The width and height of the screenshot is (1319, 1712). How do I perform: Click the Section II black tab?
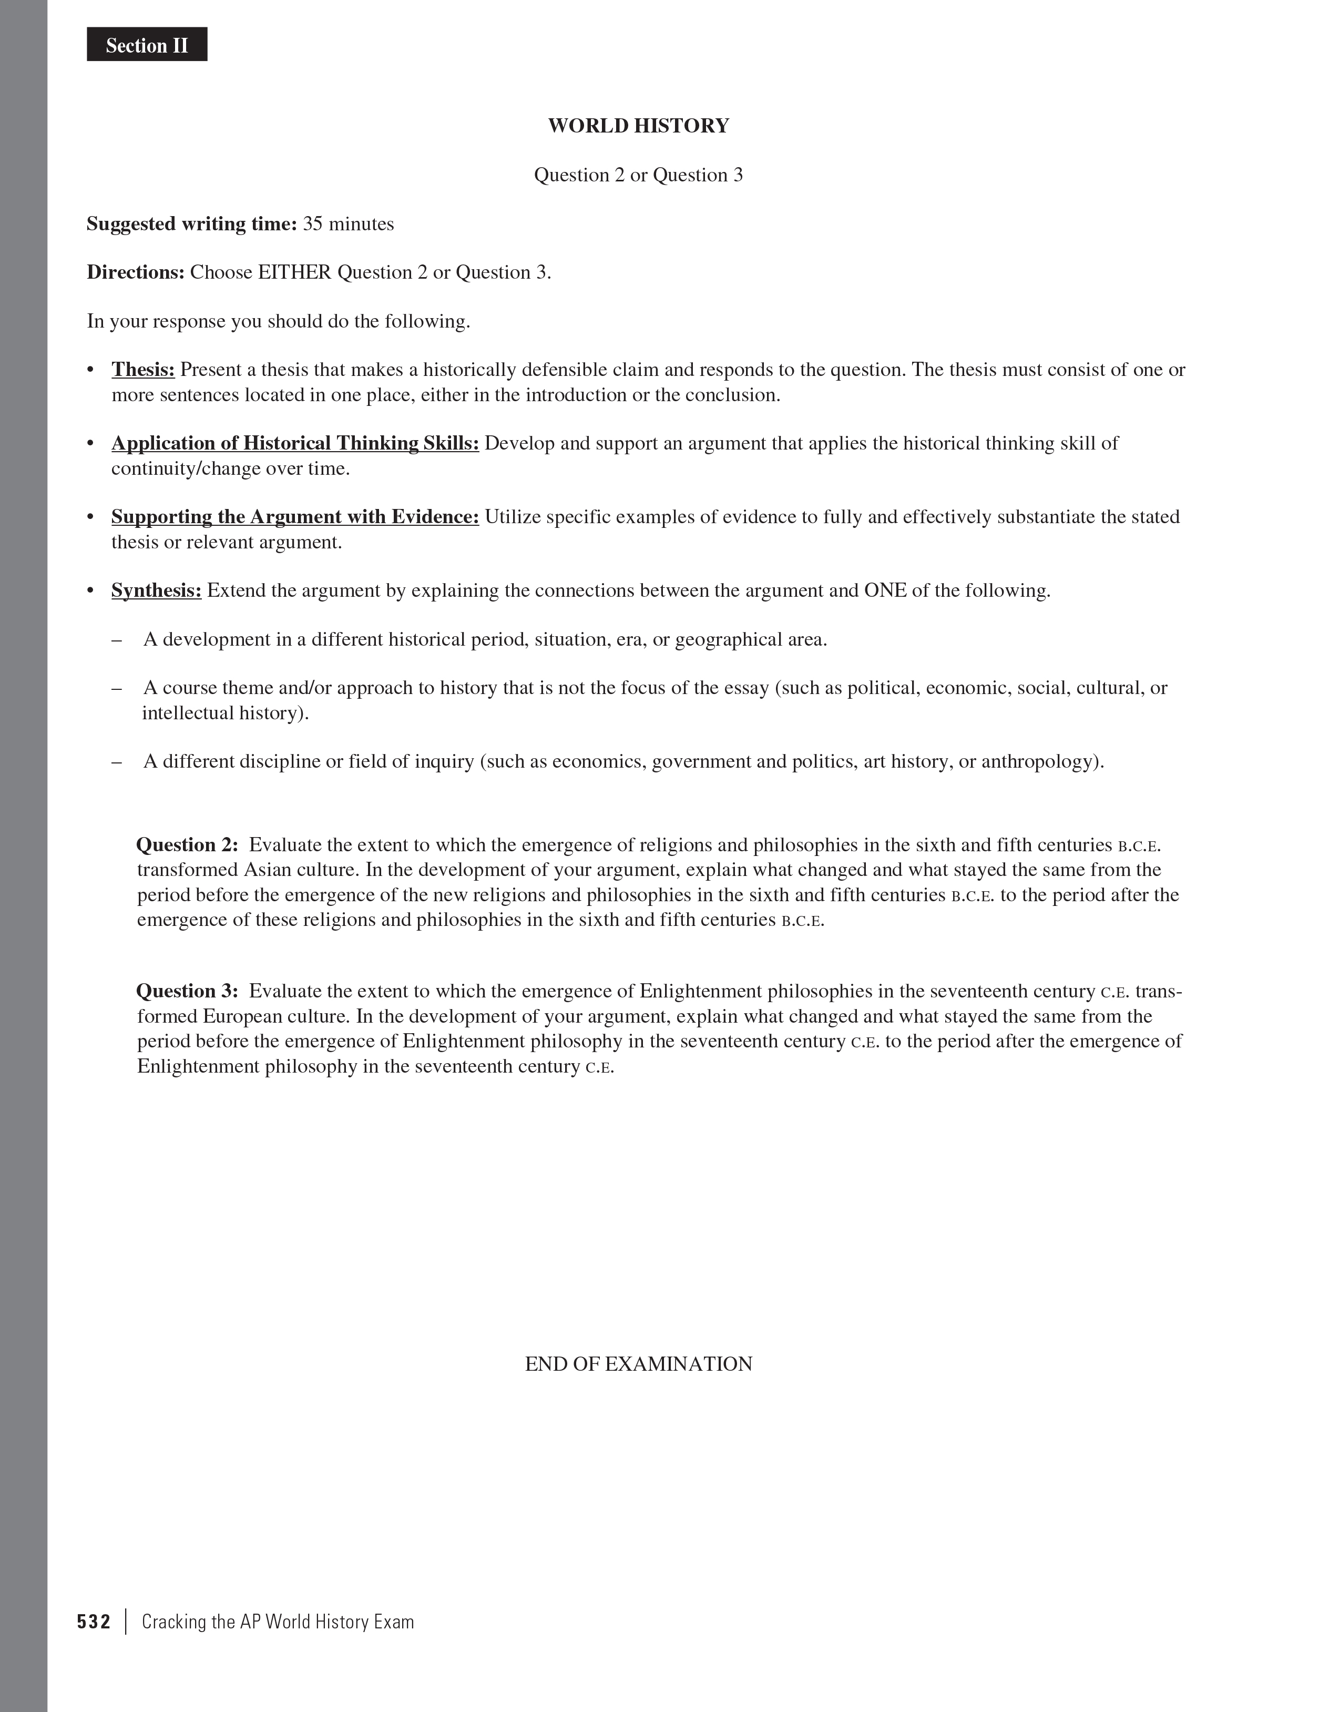tap(147, 45)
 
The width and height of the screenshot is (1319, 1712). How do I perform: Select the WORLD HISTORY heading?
tap(638, 126)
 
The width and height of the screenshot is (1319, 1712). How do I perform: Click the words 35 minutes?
tap(348, 224)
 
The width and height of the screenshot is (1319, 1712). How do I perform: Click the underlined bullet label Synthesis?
tap(156, 590)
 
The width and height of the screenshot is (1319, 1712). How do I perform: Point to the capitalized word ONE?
tap(885, 590)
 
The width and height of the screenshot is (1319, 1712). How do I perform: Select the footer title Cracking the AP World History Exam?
tap(278, 1622)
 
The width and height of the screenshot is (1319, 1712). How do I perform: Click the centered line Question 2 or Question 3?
tap(638, 175)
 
